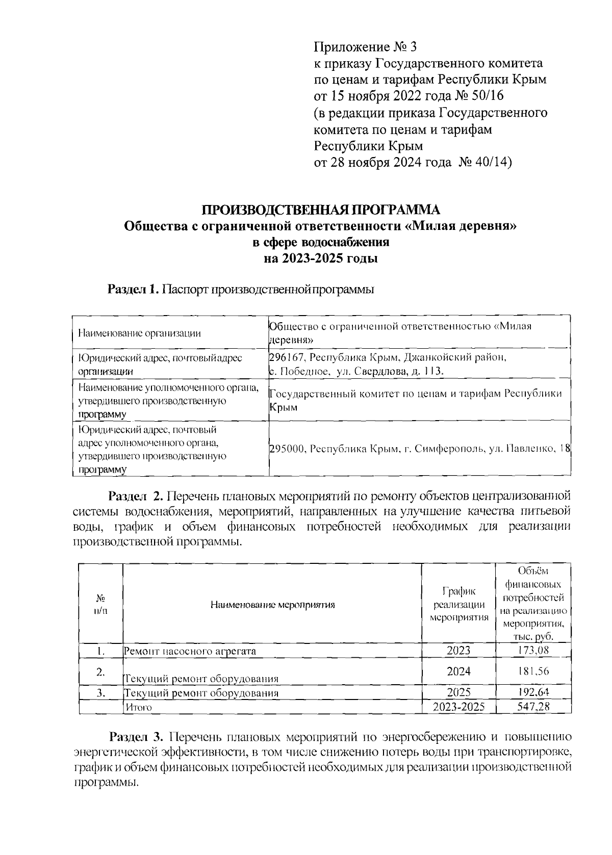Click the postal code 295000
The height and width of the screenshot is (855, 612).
coord(287,449)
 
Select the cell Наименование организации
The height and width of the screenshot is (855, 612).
coord(139,333)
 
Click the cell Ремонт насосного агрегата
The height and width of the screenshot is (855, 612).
coord(190,651)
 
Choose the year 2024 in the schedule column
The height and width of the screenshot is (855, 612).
coord(458,671)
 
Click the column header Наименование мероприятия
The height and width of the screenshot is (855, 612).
coord(272,605)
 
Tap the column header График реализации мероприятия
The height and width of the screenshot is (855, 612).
coord(458,605)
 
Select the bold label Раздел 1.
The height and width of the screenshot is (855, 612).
coord(134,290)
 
